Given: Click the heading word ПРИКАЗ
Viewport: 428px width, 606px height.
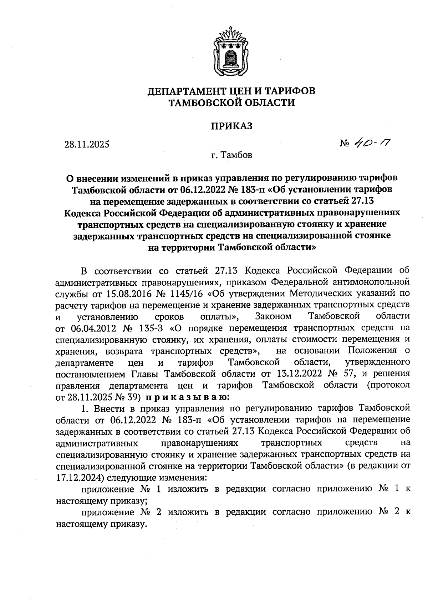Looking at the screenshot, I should tap(232, 126).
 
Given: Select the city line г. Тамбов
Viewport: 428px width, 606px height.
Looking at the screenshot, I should tap(231, 155).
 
